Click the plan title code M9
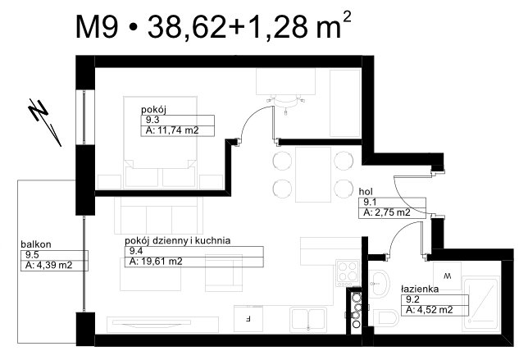97,27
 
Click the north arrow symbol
45,122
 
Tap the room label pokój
153,110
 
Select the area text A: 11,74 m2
172,130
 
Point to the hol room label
366,192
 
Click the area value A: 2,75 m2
387,212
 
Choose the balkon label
36,244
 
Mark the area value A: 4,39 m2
49,265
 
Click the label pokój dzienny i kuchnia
177,241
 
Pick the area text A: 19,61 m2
156,262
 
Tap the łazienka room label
420,289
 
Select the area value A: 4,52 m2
430,310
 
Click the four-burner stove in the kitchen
348,273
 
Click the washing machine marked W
448,276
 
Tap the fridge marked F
248,318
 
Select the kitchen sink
308,319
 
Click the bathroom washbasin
379,284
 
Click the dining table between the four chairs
313,175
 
